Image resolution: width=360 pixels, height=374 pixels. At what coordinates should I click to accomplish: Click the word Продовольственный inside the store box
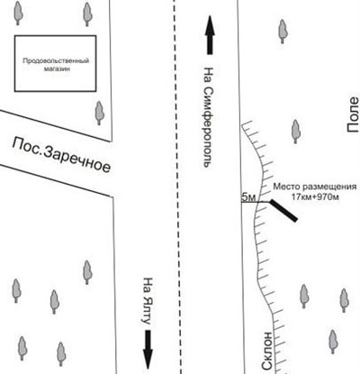(x=56, y=61)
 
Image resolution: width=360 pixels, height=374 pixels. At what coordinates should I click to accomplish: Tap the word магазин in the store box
(x=57, y=68)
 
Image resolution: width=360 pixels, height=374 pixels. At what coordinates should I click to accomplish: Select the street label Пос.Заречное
(x=61, y=155)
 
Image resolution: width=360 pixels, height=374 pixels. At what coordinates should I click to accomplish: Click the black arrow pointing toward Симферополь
(x=210, y=35)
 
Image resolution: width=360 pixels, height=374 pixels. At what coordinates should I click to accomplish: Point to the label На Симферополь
(x=208, y=117)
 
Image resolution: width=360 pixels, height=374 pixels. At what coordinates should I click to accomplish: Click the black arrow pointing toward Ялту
(x=148, y=350)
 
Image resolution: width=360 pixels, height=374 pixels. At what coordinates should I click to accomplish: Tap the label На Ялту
(x=148, y=301)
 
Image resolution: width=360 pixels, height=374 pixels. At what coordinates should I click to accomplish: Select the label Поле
(x=353, y=114)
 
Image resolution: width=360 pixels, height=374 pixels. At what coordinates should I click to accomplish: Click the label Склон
(x=266, y=351)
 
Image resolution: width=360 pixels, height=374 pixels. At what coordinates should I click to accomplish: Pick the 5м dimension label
(x=248, y=197)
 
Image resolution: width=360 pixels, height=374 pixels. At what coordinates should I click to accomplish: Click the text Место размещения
(x=315, y=187)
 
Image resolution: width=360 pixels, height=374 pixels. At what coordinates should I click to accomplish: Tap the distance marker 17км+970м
(x=315, y=197)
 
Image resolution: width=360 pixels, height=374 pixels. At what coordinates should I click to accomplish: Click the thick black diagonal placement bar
(x=283, y=210)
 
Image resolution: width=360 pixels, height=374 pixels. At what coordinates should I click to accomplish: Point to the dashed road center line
(x=177, y=187)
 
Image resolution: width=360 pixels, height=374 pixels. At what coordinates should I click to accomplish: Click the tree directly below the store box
(x=99, y=113)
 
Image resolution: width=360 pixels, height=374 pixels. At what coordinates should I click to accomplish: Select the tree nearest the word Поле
(x=296, y=132)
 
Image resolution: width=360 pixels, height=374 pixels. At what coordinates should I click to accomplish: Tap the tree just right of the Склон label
(x=333, y=342)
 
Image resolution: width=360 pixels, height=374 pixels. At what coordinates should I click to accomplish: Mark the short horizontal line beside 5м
(x=256, y=202)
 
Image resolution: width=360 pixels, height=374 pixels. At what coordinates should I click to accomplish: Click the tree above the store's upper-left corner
(x=19, y=13)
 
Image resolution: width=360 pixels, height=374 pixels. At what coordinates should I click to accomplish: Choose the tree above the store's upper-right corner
(x=87, y=14)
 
